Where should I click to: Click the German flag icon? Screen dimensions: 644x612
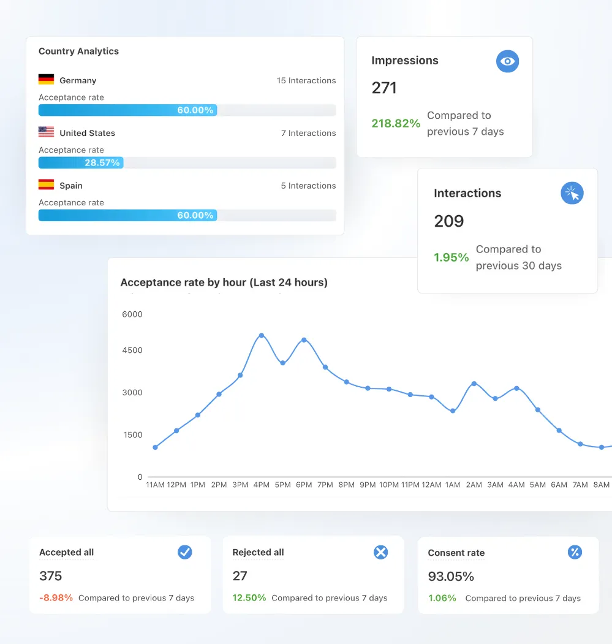pyautogui.click(x=46, y=80)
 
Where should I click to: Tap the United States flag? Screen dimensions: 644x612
pyautogui.click(x=46, y=132)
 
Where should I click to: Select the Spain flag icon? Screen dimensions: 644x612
pyautogui.click(x=46, y=184)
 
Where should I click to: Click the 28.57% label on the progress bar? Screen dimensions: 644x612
pyautogui.click(x=103, y=162)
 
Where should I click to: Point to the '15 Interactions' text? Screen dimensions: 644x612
pyautogui.click(x=306, y=80)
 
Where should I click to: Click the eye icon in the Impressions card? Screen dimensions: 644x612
pyautogui.click(x=507, y=61)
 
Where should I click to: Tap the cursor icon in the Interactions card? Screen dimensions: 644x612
pyautogui.click(x=572, y=193)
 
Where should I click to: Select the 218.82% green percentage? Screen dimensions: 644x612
pyautogui.click(x=396, y=123)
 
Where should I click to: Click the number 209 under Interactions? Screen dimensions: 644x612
pyautogui.click(x=449, y=221)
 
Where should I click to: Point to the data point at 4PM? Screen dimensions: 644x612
pyautogui.click(x=262, y=335)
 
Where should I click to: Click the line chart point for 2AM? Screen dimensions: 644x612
pyautogui.click(x=474, y=384)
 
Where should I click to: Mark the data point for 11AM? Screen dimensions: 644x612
pyautogui.click(x=156, y=447)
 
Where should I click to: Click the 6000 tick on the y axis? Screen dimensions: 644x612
pyautogui.click(x=132, y=314)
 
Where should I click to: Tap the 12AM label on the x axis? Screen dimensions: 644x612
pyautogui.click(x=431, y=485)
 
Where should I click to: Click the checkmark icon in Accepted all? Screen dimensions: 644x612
pyautogui.click(x=184, y=552)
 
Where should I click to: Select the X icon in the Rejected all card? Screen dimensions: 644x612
pyautogui.click(x=380, y=552)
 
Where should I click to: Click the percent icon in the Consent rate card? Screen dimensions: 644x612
pyautogui.click(x=574, y=552)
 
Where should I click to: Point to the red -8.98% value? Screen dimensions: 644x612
pyautogui.click(x=56, y=597)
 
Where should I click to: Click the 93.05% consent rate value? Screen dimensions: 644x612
pyautogui.click(x=451, y=577)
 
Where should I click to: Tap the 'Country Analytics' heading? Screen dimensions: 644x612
pyautogui.click(x=78, y=51)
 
